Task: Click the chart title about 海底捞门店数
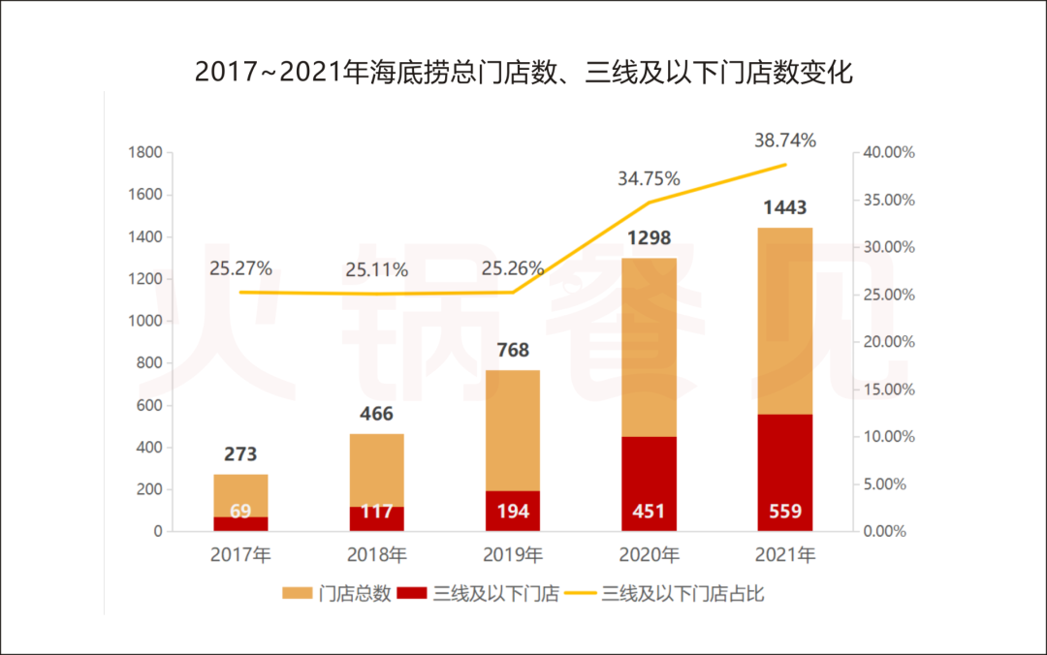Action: (523, 73)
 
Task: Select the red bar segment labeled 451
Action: (649, 483)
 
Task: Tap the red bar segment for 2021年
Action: (784, 473)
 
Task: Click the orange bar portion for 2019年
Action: (513, 430)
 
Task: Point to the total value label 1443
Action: (784, 207)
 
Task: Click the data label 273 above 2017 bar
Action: (240, 453)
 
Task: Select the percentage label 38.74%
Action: (785, 140)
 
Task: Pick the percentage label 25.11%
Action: (376, 269)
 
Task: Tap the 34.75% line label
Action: (649, 179)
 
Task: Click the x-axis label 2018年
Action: (376, 556)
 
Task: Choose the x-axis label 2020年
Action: (649, 556)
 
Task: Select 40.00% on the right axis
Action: (889, 153)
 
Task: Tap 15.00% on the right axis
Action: (889, 390)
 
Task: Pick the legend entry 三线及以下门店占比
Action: (682, 594)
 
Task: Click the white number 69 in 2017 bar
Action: (240, 512)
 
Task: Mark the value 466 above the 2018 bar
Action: (376, 414)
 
